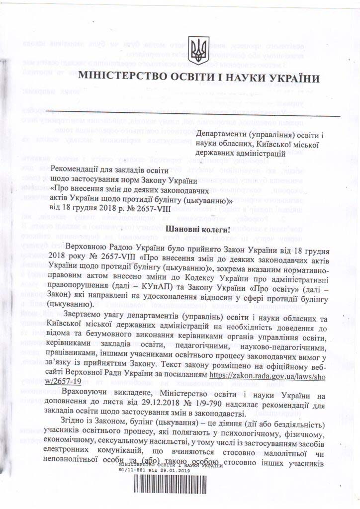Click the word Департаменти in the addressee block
[223, 134]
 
